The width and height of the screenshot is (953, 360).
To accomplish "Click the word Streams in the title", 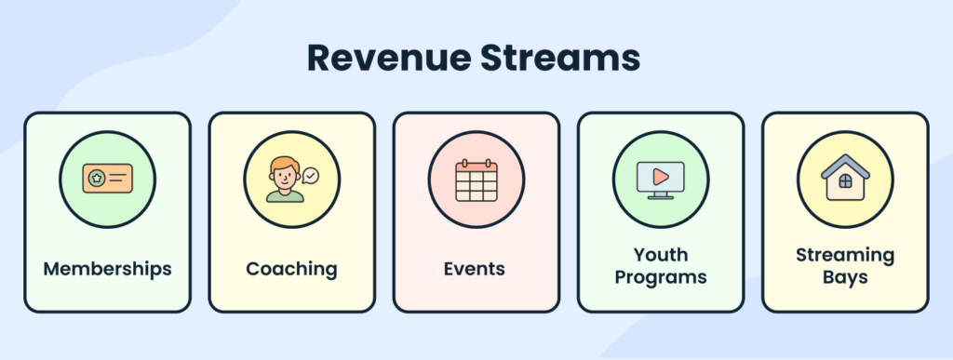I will (556, 58).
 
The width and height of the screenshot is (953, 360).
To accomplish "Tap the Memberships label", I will (107, 269).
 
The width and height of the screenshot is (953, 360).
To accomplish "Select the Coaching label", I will (291, 269).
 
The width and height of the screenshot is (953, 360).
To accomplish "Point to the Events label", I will (475, 269).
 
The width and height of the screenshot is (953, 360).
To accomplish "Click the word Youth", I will (660, 254).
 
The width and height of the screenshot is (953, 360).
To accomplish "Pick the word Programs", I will (660, 277).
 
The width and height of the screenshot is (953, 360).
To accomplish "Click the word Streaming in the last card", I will (845, 254).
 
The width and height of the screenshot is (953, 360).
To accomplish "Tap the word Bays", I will (845, 277).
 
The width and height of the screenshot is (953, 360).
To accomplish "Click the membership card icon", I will (106, 178).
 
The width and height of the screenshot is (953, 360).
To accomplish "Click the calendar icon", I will (476, 180).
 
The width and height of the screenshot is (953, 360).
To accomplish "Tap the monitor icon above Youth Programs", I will (660, 179).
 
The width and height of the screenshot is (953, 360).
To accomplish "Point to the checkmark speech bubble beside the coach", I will (310, 174).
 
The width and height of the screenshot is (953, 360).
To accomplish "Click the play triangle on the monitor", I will (660, 175).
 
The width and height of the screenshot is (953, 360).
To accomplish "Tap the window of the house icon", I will (845, 182).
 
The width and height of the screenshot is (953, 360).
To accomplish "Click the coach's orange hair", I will (283, 163).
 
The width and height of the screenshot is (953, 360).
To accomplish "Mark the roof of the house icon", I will (845, 165).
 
